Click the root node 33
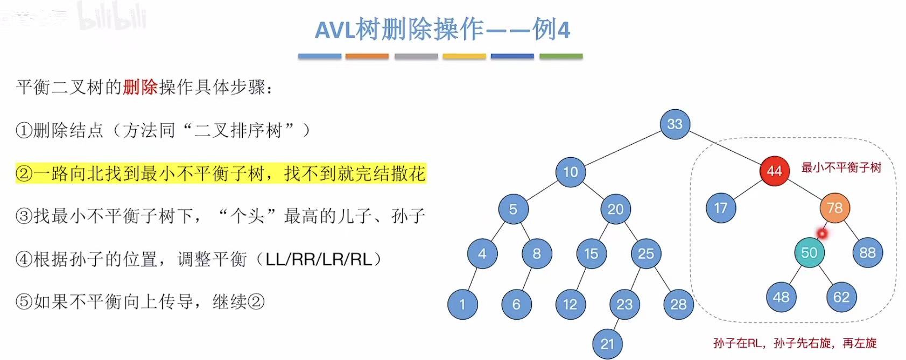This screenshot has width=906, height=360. click(x=675, y=124)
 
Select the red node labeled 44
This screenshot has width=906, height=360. click(x=774, y=171)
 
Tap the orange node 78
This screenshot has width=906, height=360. click(x=834, y=208)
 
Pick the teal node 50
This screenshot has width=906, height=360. click(x=809, y=253)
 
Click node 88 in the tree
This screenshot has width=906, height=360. click(x=867, y=253)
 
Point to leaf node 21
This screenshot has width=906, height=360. click(x=607, y=344)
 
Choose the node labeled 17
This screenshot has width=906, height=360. click(x=720, y=208)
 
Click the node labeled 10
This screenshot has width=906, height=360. click(x=570, y=172)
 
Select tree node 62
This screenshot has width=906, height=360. click(x=841, y=297)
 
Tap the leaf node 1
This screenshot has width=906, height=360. click(x=462, y=305)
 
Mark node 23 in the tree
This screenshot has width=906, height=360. click(x=624, y=305)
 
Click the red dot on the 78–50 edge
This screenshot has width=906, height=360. click(x=822, y=234)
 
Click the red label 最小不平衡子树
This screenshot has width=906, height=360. click(x=841, y=168)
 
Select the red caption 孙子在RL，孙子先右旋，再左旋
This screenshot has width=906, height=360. click(x=795, y=343)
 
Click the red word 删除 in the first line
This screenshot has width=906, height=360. click(x=140, y=87)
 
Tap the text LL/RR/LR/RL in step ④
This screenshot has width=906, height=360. click(x=319, y=259)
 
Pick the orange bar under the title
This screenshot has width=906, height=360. click(x=367, y=56)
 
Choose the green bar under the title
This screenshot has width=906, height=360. click(x=560, y=56)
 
